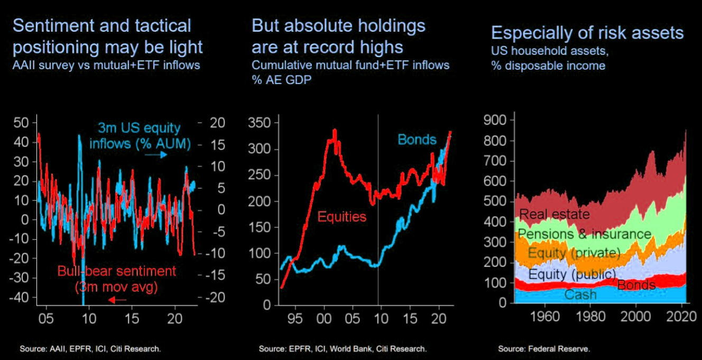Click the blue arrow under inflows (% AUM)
(x=156, y=155)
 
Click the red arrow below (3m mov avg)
(x=117, y=300)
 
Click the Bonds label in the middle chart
(x=417, y=140)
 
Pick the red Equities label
(x=341, y=216)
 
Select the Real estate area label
(x=554, y=214)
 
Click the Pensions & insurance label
(x=584, y=234)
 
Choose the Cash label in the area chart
(x=580, y=294)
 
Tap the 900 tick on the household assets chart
(x=495, y=120)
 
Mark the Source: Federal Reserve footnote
(x=543, y=349)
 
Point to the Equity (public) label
(x=572, y=274)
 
